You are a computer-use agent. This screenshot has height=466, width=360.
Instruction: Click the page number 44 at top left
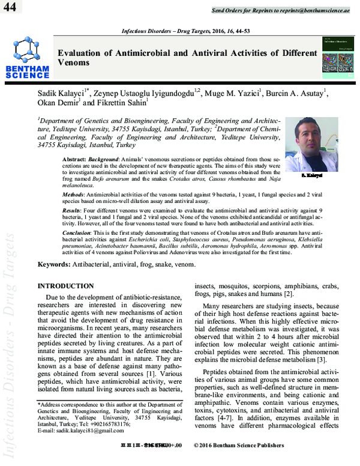pyautogui.click(x=10, y=7)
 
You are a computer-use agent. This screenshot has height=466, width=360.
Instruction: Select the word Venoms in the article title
pyautogui.click(x=73, y=62)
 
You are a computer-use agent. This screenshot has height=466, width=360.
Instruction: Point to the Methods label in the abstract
pyautogui.click(x=75, y=196)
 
